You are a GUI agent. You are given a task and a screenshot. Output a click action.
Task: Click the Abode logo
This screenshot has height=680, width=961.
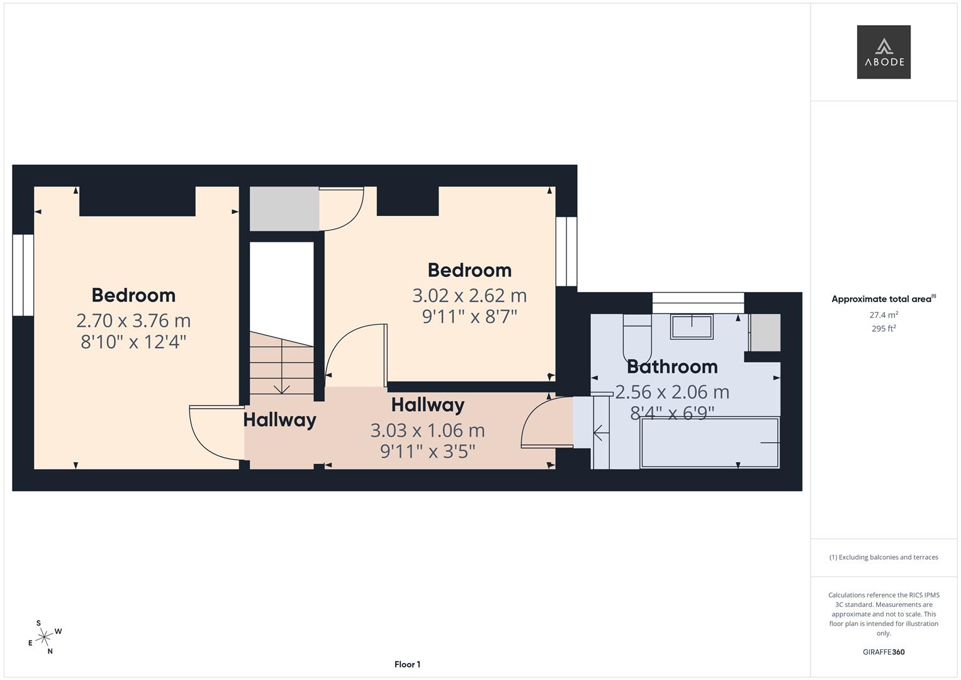[x=884, y=52]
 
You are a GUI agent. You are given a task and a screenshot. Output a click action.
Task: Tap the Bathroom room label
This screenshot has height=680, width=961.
[x=672, y=366]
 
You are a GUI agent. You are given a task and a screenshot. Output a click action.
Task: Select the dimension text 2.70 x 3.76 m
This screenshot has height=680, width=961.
[x=133, y=320]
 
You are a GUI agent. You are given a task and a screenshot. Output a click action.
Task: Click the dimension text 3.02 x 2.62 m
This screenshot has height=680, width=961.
[x=469, y=295]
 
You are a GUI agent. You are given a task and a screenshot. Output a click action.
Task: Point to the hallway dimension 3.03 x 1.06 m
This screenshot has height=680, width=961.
[x=427, y=431]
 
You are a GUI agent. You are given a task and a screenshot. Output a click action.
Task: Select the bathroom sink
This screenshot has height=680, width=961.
[x=692, y=327]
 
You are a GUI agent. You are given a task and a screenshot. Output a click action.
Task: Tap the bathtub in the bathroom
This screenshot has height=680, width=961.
[x=710, y=443]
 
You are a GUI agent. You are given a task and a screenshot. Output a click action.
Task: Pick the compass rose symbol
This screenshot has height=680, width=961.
[x=44, y=638]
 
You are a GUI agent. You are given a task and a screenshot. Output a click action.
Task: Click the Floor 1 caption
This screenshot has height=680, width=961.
[x=407, y=664]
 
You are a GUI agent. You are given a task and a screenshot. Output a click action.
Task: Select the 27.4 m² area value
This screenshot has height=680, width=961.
[x=884, y=315]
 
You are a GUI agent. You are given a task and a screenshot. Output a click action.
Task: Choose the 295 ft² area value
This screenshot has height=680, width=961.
[x=884, y=328]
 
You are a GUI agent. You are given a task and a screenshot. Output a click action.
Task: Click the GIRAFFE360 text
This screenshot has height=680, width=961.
[x=884, y=652]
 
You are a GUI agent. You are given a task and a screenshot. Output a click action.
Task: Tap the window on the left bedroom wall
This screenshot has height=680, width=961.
[x=23, y=275]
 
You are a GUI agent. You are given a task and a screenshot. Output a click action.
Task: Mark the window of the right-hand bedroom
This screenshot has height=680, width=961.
[x=566, y=251]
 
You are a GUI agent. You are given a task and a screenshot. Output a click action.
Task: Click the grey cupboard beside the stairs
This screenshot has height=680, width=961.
[x=284, y=208]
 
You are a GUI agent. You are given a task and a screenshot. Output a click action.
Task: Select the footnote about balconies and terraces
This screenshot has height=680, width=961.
[x=884, y=557]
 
